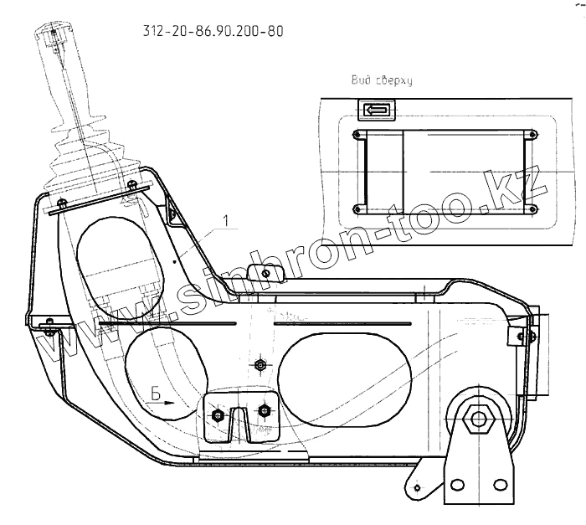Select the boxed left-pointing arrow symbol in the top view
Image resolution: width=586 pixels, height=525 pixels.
click(374, 110)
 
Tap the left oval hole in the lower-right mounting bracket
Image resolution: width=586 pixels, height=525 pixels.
click(458, 485)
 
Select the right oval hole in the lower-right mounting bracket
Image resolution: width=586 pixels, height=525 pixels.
click(499, 485)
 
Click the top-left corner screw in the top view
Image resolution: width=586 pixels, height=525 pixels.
click(358, 134)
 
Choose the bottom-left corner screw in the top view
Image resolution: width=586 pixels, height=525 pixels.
click(358, 208)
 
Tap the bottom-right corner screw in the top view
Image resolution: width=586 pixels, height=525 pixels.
click(527, 208)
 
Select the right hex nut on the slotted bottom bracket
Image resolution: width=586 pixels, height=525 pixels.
click(265, 409)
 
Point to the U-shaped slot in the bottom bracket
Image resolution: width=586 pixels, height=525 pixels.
click(240, 422)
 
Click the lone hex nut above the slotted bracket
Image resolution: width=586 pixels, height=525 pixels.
click(260, 365)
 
